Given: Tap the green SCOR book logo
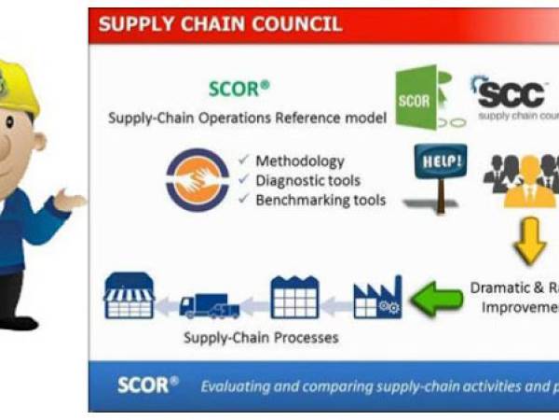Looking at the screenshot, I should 417,98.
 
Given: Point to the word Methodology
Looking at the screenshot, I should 299,161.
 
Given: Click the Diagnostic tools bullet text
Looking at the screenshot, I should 307,180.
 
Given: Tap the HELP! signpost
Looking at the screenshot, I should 440,174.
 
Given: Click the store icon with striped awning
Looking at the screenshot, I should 129,297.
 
